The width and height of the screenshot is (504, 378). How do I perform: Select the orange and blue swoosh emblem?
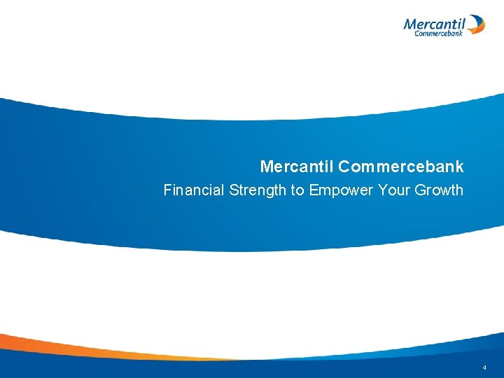coord(476,25)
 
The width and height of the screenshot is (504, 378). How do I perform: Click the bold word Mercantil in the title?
coord(297,167)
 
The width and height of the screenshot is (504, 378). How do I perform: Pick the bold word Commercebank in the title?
coord(401,167)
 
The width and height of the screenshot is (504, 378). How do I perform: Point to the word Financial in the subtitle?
coord(194,190)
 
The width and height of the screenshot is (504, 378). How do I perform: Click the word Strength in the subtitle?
coord(253,190)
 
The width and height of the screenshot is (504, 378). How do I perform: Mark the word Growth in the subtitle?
coord(437,190)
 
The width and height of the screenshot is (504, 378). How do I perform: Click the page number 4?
coord(484,367)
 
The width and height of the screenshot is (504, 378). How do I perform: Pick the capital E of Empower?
coord(313,190)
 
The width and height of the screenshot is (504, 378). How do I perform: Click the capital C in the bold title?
coord(345,167)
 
